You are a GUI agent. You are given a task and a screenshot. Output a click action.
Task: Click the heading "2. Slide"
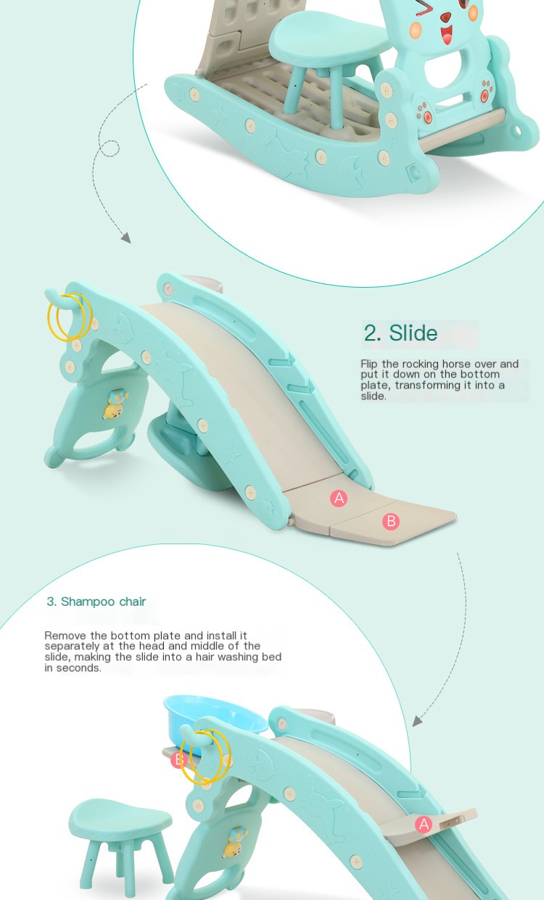(x=400, y=333)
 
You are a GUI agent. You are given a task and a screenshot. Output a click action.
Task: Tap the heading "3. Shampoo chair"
(x=96, y=601)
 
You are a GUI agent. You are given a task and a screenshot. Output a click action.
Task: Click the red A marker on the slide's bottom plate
(x=339, y=499)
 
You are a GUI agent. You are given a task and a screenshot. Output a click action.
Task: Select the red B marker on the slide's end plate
(x=391, y=521)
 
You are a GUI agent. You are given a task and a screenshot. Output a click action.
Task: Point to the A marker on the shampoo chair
(x=424, y=824)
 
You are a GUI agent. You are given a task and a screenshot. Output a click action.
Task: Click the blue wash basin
(x=213, y=719)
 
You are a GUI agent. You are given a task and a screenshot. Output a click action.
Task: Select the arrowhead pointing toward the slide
(x=126, y=238)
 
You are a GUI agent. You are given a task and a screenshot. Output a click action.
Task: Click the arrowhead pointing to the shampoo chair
(x=417, y=721)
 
